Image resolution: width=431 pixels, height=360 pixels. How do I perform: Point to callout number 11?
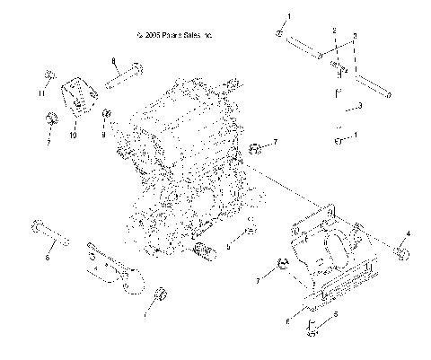point(41,92)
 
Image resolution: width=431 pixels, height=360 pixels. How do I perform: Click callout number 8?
point(115,60)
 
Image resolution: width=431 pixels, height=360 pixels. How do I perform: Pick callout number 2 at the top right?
point(333,31)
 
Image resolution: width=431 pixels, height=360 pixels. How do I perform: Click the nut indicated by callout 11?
point(51,76)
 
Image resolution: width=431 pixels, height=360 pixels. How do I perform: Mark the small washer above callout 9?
point(106,115)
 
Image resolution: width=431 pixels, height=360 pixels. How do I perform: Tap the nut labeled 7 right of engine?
point(255,146)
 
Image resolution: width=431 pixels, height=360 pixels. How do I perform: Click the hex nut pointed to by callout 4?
point(401,255)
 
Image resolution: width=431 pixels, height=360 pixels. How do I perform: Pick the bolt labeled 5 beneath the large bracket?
point(312,330)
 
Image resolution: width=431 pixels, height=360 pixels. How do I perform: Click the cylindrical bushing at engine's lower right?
point(204,246)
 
